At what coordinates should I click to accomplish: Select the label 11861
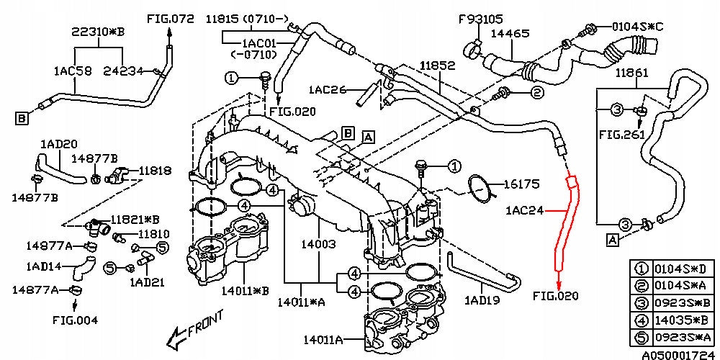[x=631, y=73]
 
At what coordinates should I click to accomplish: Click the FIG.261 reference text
[x=619, y=135]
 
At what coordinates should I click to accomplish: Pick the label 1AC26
[x=328, y=90]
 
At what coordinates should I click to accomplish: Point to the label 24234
[x=122, y=71]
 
